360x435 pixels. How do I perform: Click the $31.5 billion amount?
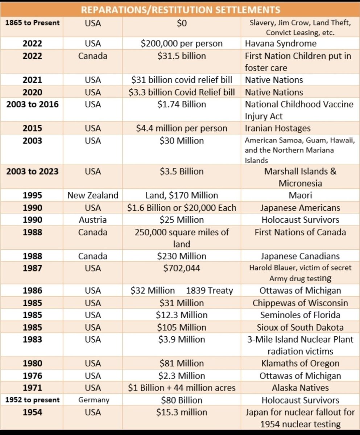coord(182,56)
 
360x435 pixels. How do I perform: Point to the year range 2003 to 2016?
coord(32,104)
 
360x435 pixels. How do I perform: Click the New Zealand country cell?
coord(93,195)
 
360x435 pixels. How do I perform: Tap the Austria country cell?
coord(93,220)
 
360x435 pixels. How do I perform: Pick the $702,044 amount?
coord(182,268)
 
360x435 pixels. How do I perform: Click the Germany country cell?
coord(93,400)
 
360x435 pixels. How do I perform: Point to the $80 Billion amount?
coord(182,400)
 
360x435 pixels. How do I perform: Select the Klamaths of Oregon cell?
coord(299,363)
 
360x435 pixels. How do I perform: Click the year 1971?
coord(32,388)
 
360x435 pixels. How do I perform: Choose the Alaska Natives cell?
coord(300,388)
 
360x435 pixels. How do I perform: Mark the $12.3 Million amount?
coord(182,315)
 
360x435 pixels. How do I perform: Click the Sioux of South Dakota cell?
coord(302,327)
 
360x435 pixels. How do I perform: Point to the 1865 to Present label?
coord(32,22)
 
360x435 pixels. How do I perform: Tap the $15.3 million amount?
coord(182,412)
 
